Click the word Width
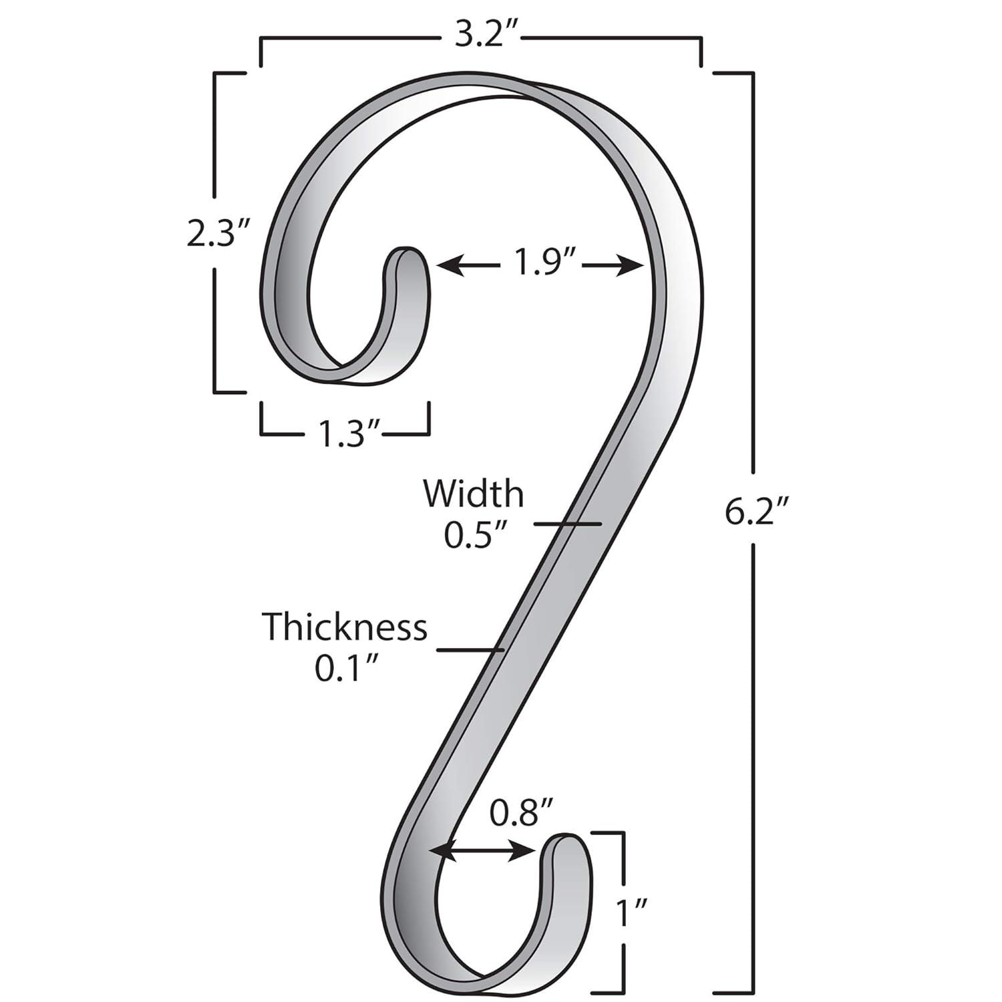click(x=473, y=494)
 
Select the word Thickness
click(x=344, y=627)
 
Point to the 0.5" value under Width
click(x=473, y=536)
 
